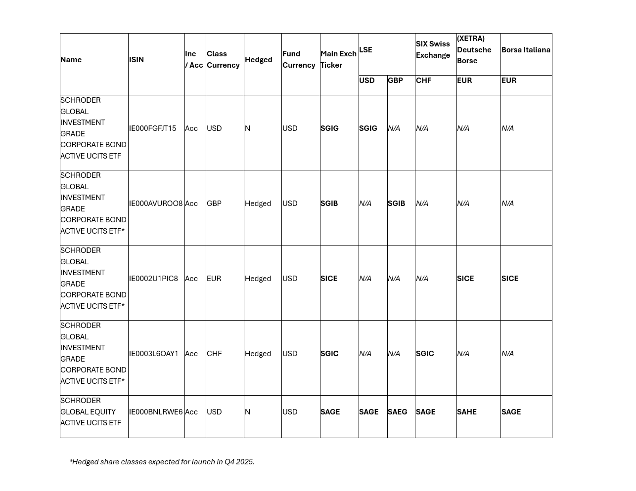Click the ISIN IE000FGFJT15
(152, 128)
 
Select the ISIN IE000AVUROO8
(156, 204)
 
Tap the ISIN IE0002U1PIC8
(153, 279)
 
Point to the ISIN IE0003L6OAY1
(154, 354)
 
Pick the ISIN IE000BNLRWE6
(156, 412)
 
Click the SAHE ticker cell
(466, 412)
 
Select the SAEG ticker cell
(397, 412)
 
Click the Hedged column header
(258, 60)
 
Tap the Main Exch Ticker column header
(338, 59)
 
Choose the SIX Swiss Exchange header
(433, 49)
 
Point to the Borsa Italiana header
(526, 50)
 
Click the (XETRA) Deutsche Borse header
(474, 49)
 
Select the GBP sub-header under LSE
(395, 81)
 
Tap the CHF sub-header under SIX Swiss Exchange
(423, 81)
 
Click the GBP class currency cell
(214, 204)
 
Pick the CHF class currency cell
(214, 354)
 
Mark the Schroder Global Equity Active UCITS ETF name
(91, 412)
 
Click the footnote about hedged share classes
(162, 462)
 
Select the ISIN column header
(136, 60)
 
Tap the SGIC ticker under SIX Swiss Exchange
(425, 354)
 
